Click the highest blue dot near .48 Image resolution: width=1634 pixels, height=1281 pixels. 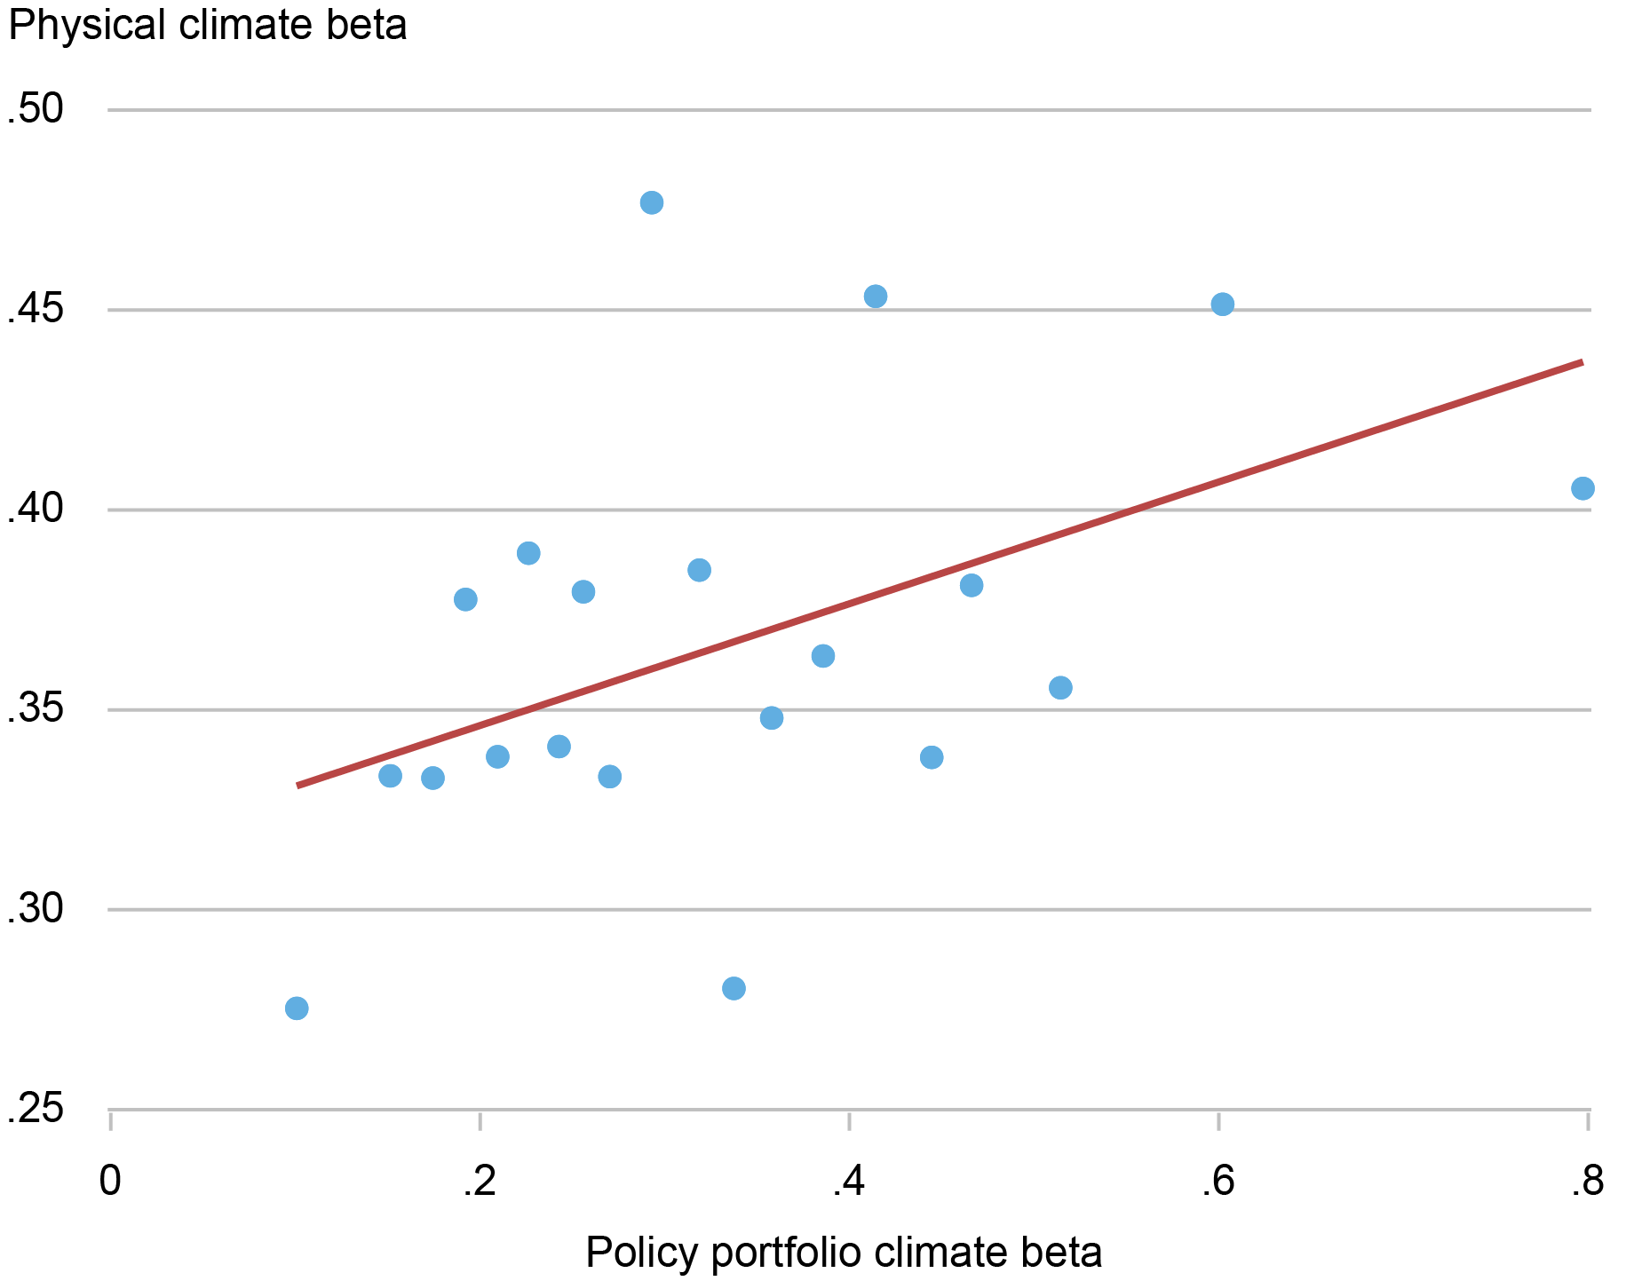tap(652, 202)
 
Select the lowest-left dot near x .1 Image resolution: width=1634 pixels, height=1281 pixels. tap(297, 1008)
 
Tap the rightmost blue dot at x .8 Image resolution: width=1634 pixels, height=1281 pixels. tap(1582, 488)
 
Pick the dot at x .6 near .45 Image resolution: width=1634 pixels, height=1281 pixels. tap(1223, 304)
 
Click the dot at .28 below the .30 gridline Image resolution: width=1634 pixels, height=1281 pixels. tap(734, 988)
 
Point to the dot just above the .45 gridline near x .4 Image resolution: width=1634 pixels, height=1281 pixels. tap(876, 297)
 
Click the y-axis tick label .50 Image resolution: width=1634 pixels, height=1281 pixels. tap(36, 110)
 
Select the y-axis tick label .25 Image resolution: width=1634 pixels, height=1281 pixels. tap(36, 1110)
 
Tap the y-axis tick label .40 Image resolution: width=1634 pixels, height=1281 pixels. tap(36, 510)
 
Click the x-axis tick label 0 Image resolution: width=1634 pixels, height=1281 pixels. tap(109, 1182)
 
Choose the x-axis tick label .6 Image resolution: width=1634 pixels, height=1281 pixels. tap(1218, 1182)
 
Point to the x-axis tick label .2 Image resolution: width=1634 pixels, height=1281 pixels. tap(479, 1182)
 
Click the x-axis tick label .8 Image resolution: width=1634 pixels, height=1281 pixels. tap(1586, 1182)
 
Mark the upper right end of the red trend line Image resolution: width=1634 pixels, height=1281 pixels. tap(1581, 362)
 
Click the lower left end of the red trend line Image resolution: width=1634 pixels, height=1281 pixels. tap(299, 785)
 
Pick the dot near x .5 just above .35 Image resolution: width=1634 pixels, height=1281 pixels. tap(1060, 688)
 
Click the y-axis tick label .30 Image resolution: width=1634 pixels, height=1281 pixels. tap(36, 910)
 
